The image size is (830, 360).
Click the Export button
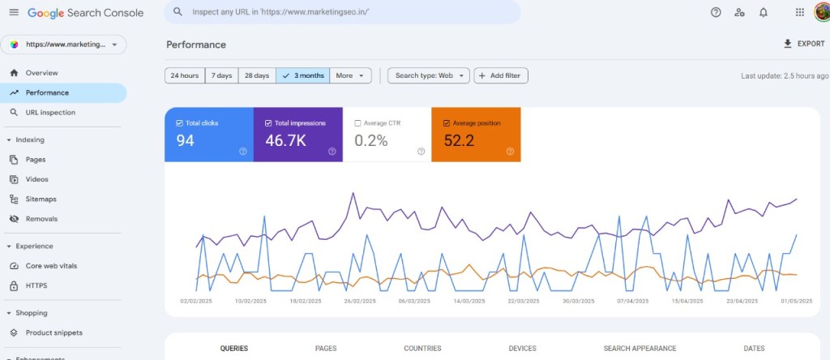coord(803,44)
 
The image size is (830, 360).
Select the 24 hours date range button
coord(185,75)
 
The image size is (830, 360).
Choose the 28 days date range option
coord(256,75)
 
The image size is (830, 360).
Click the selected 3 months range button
coord(303,75)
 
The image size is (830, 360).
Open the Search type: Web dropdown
coord(428,75)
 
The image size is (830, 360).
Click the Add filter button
coord(500,75)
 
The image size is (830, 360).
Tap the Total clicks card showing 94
coord(208,135)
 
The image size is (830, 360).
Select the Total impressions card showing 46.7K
coord(297,135)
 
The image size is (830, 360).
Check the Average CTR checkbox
coord(358,123)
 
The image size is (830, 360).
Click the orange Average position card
coord(476,135)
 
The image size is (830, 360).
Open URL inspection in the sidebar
coord(50,113)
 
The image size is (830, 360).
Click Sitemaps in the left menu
coord(41,199)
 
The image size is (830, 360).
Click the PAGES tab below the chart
coord(326,349)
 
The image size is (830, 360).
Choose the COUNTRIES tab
coord(422,349)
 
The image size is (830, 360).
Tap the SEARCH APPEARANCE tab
coord(640,349)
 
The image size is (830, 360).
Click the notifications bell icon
coord(763,12)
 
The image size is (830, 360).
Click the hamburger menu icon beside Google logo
coord(13,12)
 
